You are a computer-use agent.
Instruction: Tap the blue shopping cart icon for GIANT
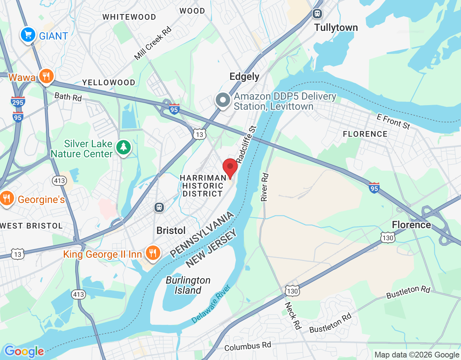click(x=28, y=35)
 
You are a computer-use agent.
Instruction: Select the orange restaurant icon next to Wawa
click(x=46, y=76)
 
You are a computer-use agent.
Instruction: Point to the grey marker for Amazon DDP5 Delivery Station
click(x=223, y=100)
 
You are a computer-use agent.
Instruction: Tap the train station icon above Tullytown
click(x=317, y=14)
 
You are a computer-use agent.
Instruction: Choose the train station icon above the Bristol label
click(x=159, y=207)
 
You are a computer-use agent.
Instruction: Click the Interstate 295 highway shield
click(x=18, y=102)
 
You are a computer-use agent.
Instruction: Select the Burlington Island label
click(x=188, y=285)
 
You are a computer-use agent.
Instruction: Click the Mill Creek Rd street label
click(x=153, y=44)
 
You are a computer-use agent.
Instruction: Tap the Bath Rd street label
click(x=68, y=97)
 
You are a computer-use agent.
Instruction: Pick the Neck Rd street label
click(x=292, y=315)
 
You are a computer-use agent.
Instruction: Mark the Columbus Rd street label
click(x=247, y=346)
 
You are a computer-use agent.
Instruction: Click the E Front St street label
click(x=393, y=121)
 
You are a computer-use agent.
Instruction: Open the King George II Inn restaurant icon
click(x=153, y=253)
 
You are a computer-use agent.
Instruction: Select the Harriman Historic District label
click(x=203, y=186)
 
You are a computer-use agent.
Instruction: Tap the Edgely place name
click(x=244, y=77)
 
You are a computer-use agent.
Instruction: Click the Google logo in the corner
click(x=24, y=351)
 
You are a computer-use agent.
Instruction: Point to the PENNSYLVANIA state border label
click(x=202, y=235)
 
